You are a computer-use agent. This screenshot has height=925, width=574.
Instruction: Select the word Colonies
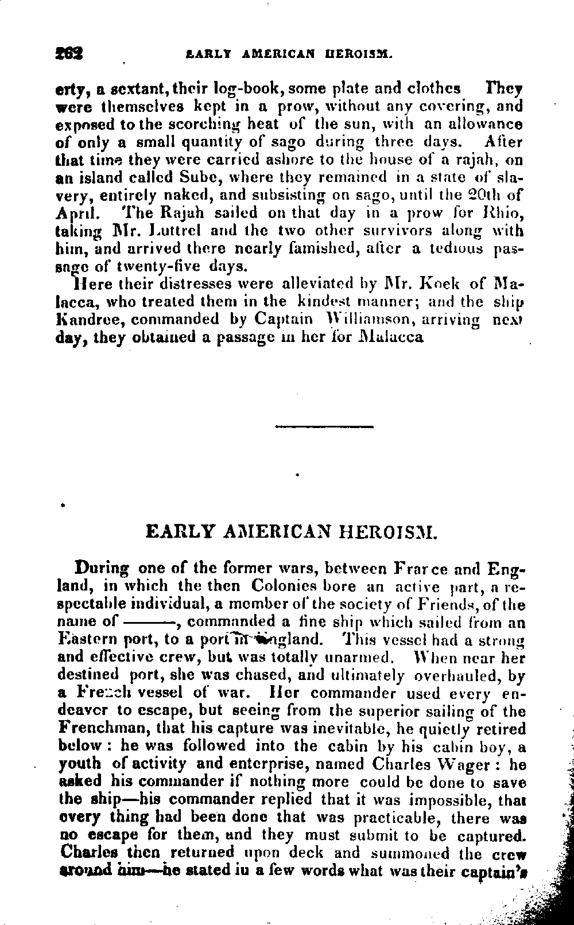click(284, 586)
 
